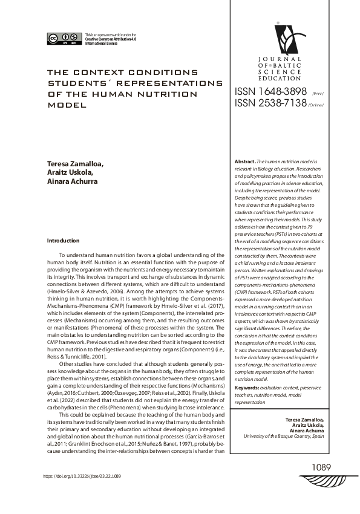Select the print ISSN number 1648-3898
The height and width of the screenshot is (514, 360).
[x=267, y=91]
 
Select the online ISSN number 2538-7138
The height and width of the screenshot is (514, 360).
[x=267, y=103]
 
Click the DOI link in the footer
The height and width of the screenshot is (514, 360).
[x=82, y=476]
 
